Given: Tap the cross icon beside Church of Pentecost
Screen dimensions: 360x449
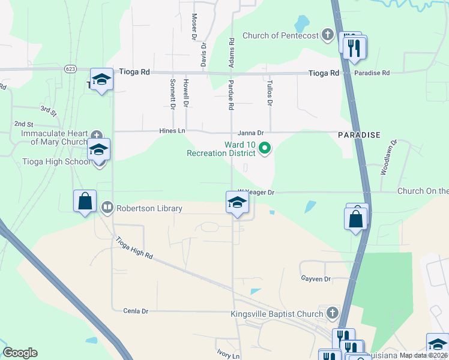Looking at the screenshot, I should click(x=328, y=35).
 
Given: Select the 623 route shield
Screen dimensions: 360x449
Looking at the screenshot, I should click(x=70, y=69).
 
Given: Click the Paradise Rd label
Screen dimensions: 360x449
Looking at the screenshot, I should click(x=372, y=73).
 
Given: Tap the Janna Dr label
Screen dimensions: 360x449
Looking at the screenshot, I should click(x=251, y=133).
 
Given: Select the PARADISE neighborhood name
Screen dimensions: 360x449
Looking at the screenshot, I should click(x=359, y=135).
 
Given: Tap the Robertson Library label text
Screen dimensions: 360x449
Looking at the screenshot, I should click(x=149, y=209).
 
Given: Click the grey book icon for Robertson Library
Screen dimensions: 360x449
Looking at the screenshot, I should click(x=107, y=208).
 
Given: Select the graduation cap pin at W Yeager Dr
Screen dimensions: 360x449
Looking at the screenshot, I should click(x=237, y=203).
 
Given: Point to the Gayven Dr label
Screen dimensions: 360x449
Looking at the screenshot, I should click(x=315, y=279).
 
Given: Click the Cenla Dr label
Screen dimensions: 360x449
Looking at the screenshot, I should click(x=135, y=311).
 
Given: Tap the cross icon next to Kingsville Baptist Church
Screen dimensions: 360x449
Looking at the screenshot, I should click(x=333, y=313).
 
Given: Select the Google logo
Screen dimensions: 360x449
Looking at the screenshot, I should click(x=20, y=353).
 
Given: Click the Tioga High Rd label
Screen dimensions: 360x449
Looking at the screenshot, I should click(x=134, y=248).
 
